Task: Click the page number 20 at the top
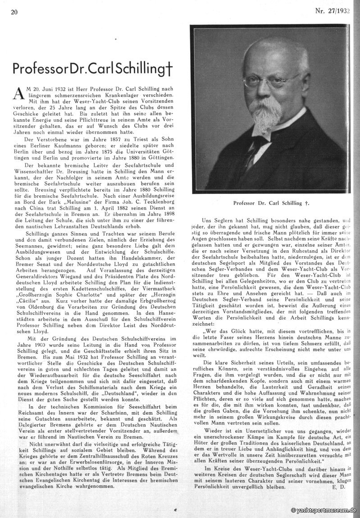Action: coord(14,12)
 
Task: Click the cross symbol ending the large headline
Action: coord(169,69)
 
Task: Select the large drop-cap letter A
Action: coord(18,93)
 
